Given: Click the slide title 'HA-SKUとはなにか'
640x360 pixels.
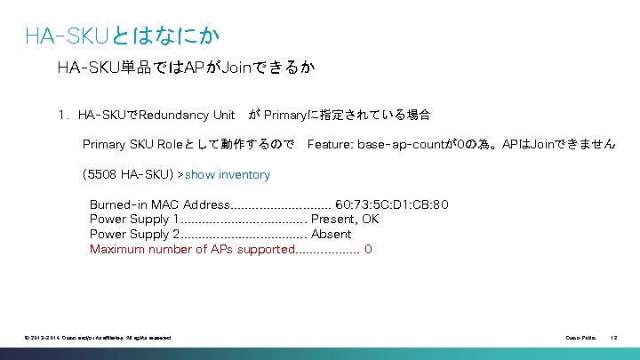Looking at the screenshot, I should (x=122, y=36).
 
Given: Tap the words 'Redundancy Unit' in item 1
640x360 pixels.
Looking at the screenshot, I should (x=188, y=115).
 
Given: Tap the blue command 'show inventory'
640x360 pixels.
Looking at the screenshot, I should (x=228, y=174).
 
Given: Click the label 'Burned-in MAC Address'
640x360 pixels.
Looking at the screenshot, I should (x=159, y=204).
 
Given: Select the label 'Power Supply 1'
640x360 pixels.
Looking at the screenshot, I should (x=134, y=220).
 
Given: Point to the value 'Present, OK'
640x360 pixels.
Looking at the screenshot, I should (x=345, y=220).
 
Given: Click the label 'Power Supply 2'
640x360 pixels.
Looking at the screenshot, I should (x=134, y=235).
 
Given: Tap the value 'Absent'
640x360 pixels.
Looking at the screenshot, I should (x=331, y=235).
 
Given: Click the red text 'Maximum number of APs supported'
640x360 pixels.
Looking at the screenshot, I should (x=190, y=250).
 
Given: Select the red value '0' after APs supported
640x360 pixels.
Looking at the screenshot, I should (x=368, y=250).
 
